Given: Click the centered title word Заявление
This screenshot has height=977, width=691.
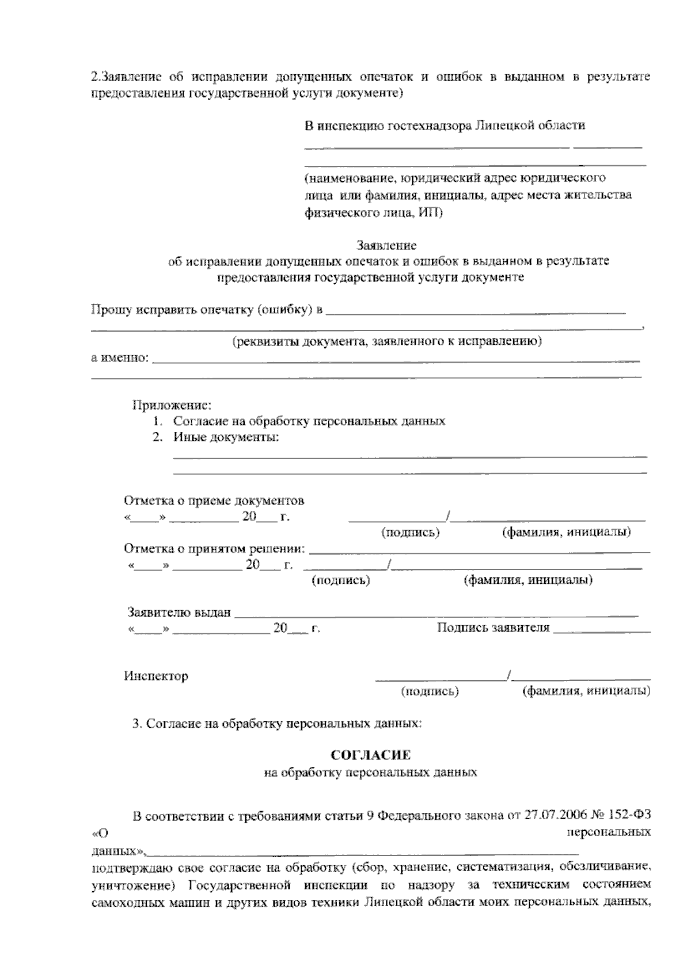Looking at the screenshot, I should (386, 246).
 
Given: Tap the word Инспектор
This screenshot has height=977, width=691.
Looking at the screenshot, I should (156, 676).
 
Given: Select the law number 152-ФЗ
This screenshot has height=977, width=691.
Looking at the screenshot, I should (631, 816).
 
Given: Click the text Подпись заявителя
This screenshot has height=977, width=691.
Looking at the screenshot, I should (493, 628).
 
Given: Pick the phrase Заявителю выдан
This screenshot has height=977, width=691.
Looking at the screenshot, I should (179, 613).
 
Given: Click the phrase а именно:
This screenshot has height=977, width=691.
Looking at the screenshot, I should (120, 358).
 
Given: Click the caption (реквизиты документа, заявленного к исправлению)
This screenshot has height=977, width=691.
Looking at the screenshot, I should (386, 341).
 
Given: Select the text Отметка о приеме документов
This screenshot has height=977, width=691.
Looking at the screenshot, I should (214, 500).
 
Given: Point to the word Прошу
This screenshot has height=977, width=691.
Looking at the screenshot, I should (111, 310).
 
